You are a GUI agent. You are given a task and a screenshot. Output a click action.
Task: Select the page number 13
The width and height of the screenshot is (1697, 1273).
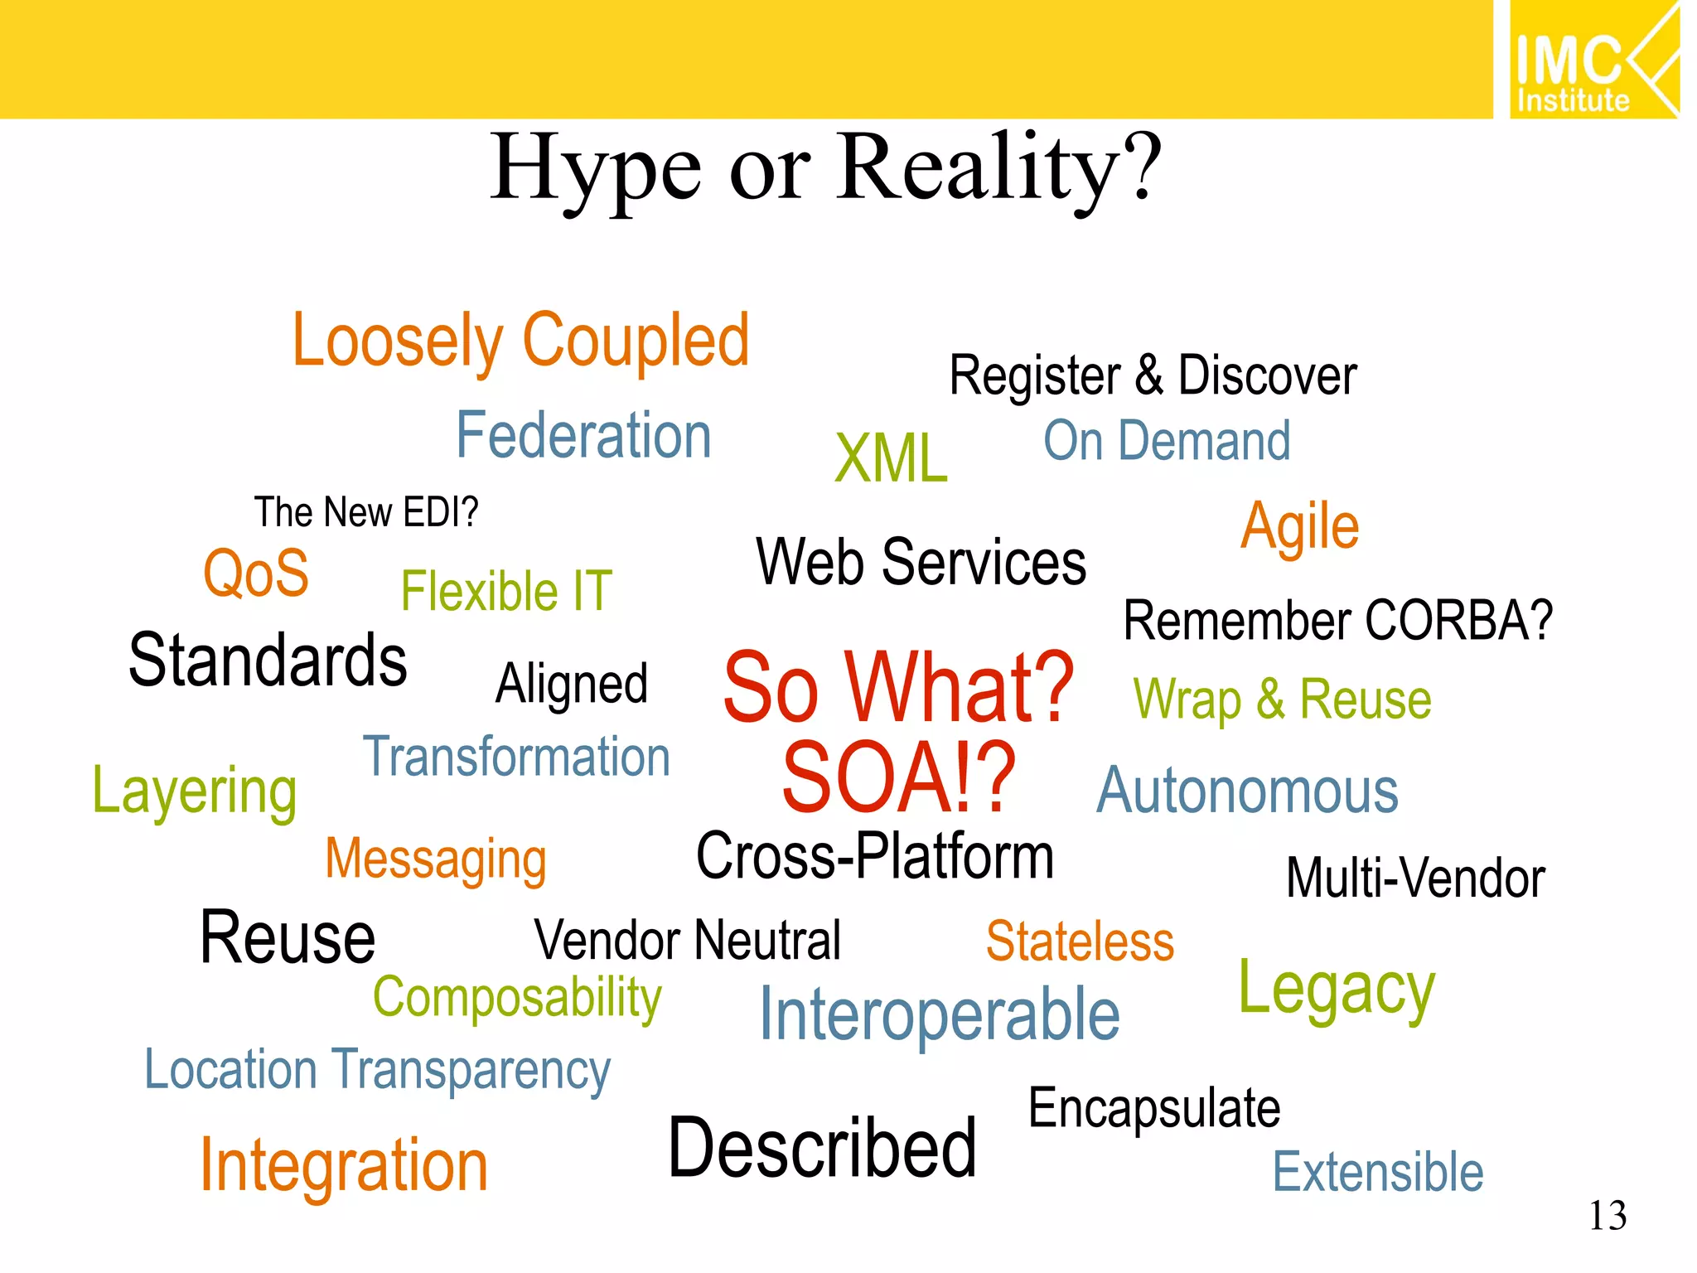(x=1608, y=1216)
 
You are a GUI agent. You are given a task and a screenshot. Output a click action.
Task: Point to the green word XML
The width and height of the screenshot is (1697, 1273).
(x=891, y=457)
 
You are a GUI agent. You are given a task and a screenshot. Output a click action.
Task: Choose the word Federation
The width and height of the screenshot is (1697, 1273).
(x=583, y=436)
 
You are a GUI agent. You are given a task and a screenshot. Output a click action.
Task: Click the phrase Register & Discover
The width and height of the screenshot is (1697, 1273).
(x=1152, y=375)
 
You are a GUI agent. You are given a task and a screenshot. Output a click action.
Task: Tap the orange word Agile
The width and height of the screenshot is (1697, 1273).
(x=1299, y=526)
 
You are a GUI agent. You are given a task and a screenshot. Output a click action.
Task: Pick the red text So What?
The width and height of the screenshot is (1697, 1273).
(x=898, y=687)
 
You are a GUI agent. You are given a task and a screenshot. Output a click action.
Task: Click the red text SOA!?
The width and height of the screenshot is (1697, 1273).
(x=898, y=777)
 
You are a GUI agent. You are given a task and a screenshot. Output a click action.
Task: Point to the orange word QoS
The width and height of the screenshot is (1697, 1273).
(x=256, y=573)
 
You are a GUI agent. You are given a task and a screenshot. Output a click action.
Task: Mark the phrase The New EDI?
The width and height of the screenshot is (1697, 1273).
(x=366, y=512)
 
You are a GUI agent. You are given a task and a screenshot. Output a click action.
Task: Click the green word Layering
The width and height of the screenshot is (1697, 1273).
(x=195, y=791)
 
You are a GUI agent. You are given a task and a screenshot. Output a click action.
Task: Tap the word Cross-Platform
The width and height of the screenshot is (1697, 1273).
(x=874, y=856)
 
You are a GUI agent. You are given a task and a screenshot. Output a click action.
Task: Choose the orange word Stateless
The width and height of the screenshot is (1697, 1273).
(x=1080, y=941)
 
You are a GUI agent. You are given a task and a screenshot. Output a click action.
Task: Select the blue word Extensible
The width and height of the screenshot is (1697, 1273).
(x=1377, y=1172)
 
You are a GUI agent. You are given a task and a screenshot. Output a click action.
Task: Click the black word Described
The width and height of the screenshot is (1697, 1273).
(x=822, y=1148)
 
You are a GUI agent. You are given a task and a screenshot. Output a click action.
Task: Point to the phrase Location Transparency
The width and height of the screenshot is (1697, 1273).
(x=377, y=1070)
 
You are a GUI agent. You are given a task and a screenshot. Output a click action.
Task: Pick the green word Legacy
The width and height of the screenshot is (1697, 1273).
(x=1336, y=990)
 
